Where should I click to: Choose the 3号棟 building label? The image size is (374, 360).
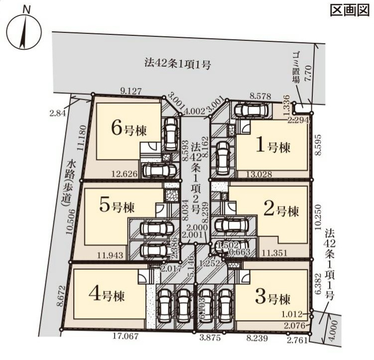[x=272, y=299]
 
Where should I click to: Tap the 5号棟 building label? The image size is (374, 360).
[x=117, y=206]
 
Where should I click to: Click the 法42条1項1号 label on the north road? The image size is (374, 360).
[x=179, y=63]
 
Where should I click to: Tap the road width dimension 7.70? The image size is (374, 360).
[x=308, y=74]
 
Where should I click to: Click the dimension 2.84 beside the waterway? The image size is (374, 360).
[x=57, y=113]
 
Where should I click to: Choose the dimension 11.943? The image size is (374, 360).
[x=110, y=255]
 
